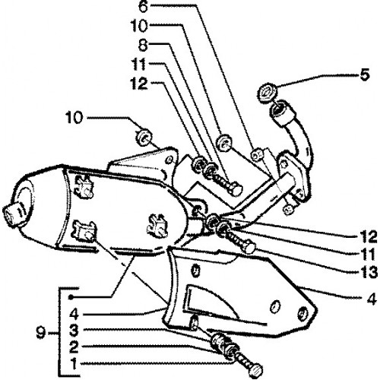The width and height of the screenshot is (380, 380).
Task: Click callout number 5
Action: pyautogui.click(x=364, y=75)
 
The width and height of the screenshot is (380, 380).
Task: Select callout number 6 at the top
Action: pyautogui.click(x=143, y=7)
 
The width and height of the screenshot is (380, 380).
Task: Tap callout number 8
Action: pyautogui.click(x=143, y=46)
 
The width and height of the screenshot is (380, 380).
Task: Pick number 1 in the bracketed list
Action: pyautogui.click(x=74, y=365)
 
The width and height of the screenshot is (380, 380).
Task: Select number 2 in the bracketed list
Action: pyautogui.click(x=74, y=347)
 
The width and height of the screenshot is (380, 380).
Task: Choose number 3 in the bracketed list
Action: pyautogui.click(x=74, y=330)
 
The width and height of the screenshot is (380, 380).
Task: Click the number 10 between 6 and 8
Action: pyautogui.click(x=139, y=26)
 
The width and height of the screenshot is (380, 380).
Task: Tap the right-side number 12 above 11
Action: pyautogui.click(x=368, y=237)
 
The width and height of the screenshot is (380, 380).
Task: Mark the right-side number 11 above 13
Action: pyautogui.click(x=368, y=255)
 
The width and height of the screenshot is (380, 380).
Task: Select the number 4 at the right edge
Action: pyautogui.click(x=372, y=298)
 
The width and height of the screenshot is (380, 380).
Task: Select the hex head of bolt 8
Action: pyautogui.click(x=235, y=189)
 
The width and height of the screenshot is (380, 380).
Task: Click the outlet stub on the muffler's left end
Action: pyautogui.click(x=14, y=214)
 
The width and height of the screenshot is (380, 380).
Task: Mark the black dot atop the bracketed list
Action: pyautogui.click(x=71, y=296)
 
